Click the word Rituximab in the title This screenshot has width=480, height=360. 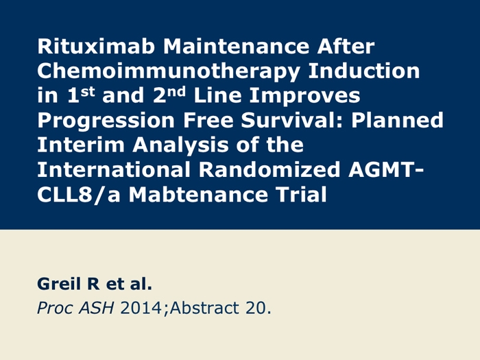click(96, 47)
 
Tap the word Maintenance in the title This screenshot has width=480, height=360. click(236, 47)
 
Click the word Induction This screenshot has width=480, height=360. click(364, 71)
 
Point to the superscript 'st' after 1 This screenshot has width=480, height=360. click(88, 91)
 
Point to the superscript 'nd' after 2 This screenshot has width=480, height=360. click(177, 91)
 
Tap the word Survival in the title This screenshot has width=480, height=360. click(291, 120)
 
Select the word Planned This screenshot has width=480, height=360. click(397, 120)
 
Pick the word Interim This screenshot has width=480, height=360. click(80, 145)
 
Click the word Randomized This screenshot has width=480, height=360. click(269, 169)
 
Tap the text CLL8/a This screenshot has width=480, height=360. click(79, 195)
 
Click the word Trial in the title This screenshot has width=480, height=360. click(301, 194)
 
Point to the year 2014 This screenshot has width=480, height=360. click(141, 308)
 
